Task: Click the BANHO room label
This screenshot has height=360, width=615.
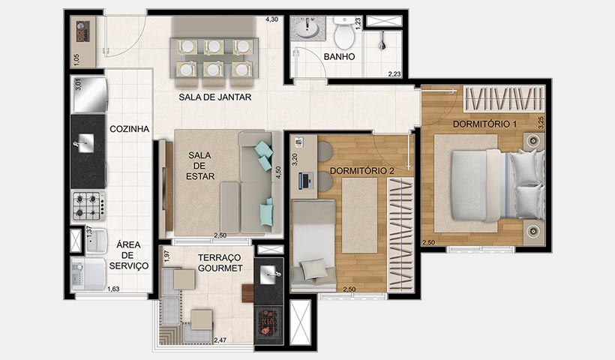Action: click(339, 56)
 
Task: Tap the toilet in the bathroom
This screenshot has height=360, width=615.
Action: click(344, 34)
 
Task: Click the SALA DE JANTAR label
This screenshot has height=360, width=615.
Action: click(214, 97)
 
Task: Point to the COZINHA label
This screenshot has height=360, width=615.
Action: click(130, 129)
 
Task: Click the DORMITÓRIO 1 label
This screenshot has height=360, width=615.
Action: click(484, 123)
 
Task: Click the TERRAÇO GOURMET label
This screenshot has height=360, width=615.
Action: click(220, 262)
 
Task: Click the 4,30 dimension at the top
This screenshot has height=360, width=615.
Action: click(272, 19)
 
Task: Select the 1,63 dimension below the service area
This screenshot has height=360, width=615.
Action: click(113, 289)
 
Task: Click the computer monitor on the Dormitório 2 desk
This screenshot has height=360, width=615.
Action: click(304, 180)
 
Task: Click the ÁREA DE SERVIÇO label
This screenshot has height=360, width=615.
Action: click(128, 254)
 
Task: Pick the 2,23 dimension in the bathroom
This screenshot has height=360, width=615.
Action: click(394, 73)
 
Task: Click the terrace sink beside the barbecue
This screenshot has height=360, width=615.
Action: click(268, 275)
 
